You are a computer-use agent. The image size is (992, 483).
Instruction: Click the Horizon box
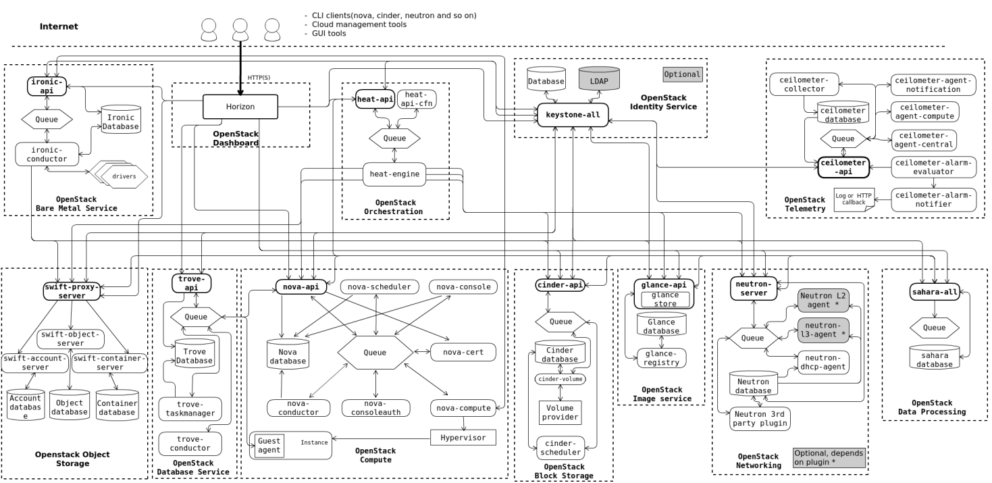coord(240,107)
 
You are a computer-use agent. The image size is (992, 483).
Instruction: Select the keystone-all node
coord(573,115)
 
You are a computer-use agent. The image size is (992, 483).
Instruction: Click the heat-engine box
coord(395,174)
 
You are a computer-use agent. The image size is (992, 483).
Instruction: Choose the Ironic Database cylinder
coord(121,120)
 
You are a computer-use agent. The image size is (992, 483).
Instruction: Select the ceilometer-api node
coord(844,166)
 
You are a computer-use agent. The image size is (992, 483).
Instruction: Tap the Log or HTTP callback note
coord(854,200)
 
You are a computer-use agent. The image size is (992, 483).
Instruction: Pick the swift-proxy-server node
coord(71,291)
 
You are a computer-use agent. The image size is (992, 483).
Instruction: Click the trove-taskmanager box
coord(190,408)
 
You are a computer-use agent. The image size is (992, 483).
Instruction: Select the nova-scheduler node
coord(379,287)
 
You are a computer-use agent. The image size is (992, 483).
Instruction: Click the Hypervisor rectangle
coord(463,438)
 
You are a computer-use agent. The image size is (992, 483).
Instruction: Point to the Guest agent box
coord(269,446)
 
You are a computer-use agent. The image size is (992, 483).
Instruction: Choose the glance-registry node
coord(661,358)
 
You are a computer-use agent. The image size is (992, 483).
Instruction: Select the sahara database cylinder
coord(935,357)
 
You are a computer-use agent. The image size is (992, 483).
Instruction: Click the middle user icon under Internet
coord(240,28)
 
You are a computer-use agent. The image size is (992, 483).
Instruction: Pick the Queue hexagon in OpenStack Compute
coord(375,352)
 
